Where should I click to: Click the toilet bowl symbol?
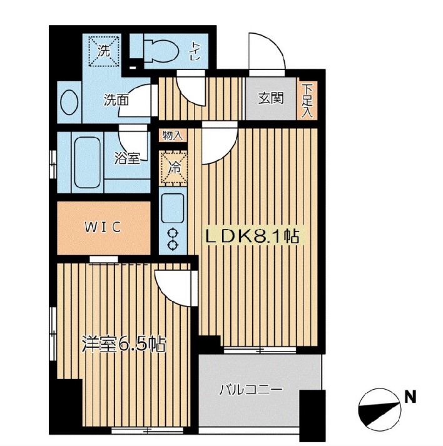tap(161, 51)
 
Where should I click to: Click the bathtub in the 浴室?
tap(87, 162)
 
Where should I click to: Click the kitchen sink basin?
tap(173, 208)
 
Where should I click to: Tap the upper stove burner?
tap(173, 233)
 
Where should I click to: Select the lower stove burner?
tap(173, 245)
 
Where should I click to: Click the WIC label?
tap(103, 227)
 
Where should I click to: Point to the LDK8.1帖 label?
tap(252, 236)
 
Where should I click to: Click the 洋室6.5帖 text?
tap(124, 344)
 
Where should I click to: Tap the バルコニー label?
tap(251, 390)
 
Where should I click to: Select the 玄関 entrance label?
tap(271, 98)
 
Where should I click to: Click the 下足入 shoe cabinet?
tap(307, 101)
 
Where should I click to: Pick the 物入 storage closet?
tap(173, 135)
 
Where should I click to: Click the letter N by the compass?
tap(410, 397)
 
